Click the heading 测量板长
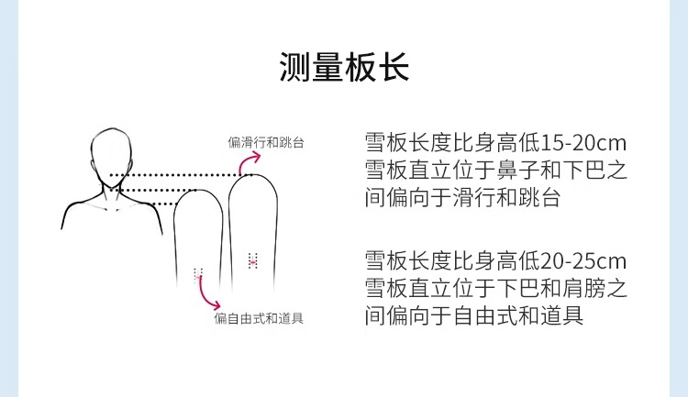344,67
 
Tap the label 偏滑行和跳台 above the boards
266,142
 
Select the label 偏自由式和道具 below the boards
260,318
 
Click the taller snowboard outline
252,229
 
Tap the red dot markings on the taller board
253,261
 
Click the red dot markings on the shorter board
198,272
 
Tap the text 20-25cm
584,260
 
